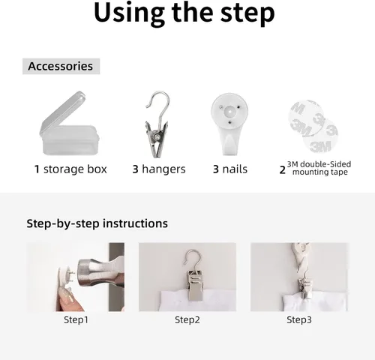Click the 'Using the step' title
(184, 13)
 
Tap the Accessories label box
(61, 66)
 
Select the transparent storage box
(69, 124)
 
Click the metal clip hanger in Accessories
(157, 125)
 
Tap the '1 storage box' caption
(70, 169)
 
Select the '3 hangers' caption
(159, 169)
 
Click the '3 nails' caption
(230, 169)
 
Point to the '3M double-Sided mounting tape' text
(319, 168)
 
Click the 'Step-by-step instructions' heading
(97, 223)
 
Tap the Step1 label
(76, 319)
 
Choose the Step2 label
(187, 319)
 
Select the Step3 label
(299, 319)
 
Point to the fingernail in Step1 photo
(65, 297)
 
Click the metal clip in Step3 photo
(305, 287)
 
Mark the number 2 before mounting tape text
(283, 170)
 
